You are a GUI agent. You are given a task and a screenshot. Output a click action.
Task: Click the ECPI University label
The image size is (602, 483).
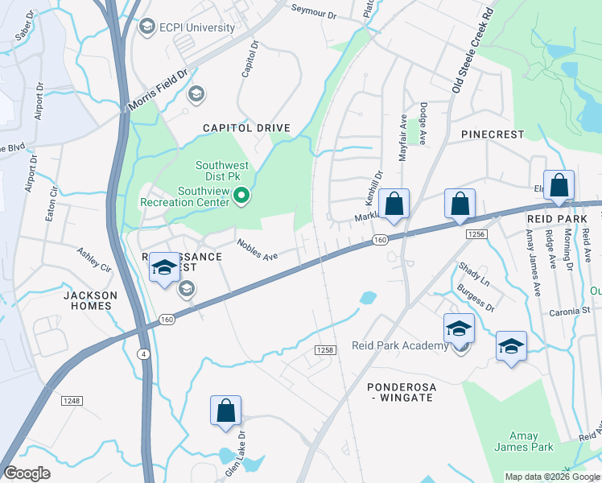point(196,28)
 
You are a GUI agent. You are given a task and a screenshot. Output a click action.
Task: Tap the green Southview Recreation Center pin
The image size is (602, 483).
point(239,196)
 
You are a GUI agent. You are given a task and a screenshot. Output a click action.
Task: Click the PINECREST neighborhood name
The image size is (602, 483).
point(492,134)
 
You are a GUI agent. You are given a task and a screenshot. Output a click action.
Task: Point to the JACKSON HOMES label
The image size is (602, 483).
point(90,301)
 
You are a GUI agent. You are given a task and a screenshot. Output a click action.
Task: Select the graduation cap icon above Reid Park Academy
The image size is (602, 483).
point(459,328)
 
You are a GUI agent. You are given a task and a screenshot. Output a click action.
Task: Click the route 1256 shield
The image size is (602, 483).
point(476,233)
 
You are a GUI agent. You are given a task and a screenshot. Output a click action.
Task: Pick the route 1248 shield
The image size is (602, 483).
point(72,400)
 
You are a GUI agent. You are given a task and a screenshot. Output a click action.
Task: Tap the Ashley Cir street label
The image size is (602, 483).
point(93,258)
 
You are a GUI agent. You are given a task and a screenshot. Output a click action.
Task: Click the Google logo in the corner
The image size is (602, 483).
point(27,473)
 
